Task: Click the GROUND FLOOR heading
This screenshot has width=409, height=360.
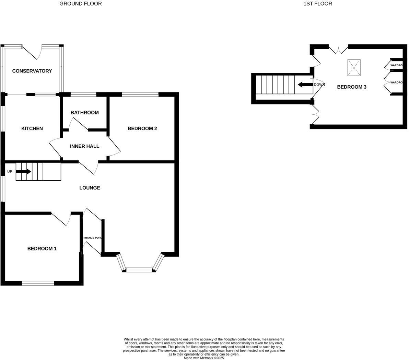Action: pos(81,4)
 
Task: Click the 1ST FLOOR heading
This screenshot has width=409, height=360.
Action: pos(318,4)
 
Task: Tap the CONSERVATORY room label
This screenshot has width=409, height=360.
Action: pos(32,71)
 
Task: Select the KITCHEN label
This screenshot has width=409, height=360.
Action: pos(32,128)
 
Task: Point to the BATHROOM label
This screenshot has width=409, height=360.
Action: pos(84,113)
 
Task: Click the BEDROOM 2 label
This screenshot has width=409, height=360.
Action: pos(142,128)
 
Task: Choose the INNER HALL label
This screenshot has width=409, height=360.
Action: pos(84,146)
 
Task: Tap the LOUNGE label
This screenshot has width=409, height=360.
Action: pos(90,188)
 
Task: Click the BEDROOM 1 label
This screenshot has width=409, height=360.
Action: pos(42,249)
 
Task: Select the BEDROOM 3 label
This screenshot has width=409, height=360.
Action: pos(351,87)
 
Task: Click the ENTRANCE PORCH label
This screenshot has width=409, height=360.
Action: pos(92,238)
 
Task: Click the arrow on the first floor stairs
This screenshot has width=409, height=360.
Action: pos(305,85)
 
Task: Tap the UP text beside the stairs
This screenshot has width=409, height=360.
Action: pos(10,172)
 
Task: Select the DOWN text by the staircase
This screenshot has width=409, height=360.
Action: pos(319,85)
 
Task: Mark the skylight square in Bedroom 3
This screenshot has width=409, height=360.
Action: pos(354,68)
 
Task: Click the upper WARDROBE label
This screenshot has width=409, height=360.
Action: pos(396,65)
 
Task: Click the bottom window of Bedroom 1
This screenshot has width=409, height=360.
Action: pos(38,283)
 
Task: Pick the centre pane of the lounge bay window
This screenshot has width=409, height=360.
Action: pos(139,270)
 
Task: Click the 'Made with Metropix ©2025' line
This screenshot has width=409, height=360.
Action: pos(204,358)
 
